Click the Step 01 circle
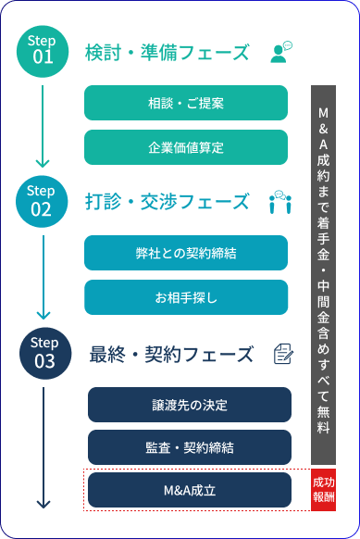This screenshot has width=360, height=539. pos(43,50)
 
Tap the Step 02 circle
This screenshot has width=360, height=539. pos(43,200)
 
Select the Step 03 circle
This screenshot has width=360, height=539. pos(43,353)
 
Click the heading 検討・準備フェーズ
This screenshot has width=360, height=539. pos(167,52)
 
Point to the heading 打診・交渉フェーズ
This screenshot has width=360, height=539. pos(167,202)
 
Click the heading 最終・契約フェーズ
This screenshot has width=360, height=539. pos(170,354)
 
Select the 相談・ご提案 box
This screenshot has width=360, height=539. pos(186,103)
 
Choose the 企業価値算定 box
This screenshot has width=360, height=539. pos(186,146)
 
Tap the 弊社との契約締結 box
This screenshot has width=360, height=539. pos(186,253)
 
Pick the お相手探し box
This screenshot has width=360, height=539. pos(186,296)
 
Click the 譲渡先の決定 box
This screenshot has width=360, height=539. pos(189,405)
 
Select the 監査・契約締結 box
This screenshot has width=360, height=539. pos(189,447)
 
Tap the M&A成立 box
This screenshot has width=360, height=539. pos(189,490)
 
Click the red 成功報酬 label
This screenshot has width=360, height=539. pos(323,491)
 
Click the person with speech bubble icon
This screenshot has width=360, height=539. pos(281,52)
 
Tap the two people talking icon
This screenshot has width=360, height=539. pos(280,202)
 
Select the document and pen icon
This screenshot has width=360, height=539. pos(283,354)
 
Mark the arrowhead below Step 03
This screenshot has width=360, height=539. pos(43,504)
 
